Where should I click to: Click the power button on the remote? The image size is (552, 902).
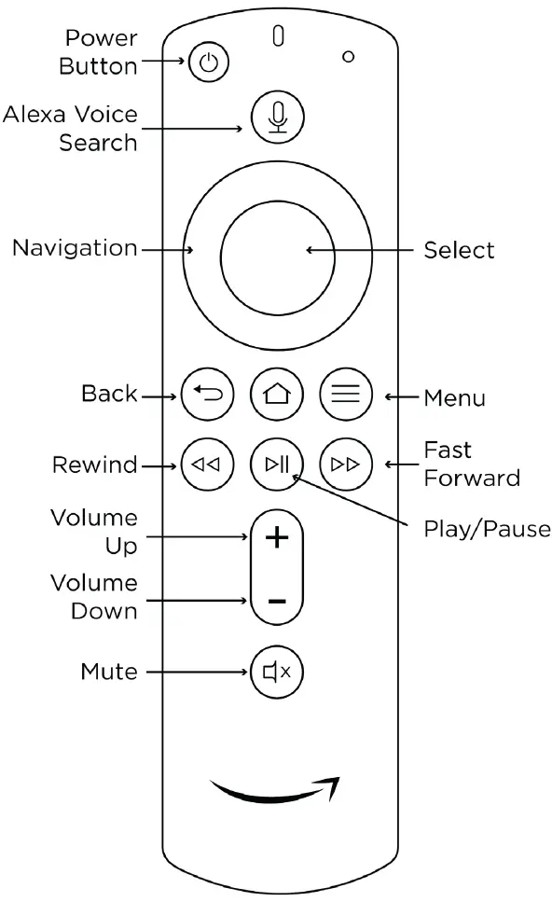click(x=209, y=63)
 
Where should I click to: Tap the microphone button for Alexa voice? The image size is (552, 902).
click(x=277, y=118)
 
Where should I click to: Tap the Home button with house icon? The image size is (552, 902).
click(x=277, y=394)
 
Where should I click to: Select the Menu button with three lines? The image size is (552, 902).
click(x=346, y=394)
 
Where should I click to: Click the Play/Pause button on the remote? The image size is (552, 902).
click(x=277, y=464)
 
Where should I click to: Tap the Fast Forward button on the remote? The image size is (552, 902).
click(x=346, y=464)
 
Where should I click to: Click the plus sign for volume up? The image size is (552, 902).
click(x=277, y=538)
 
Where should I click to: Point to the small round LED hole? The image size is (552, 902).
click(x=349, y=57)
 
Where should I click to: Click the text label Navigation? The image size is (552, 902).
click(x=74, y=249)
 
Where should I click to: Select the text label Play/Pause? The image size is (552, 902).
click(x=487, y=530)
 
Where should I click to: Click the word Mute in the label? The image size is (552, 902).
click(x=109, y=672)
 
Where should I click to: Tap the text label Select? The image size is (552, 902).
click(x=459, y=250)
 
